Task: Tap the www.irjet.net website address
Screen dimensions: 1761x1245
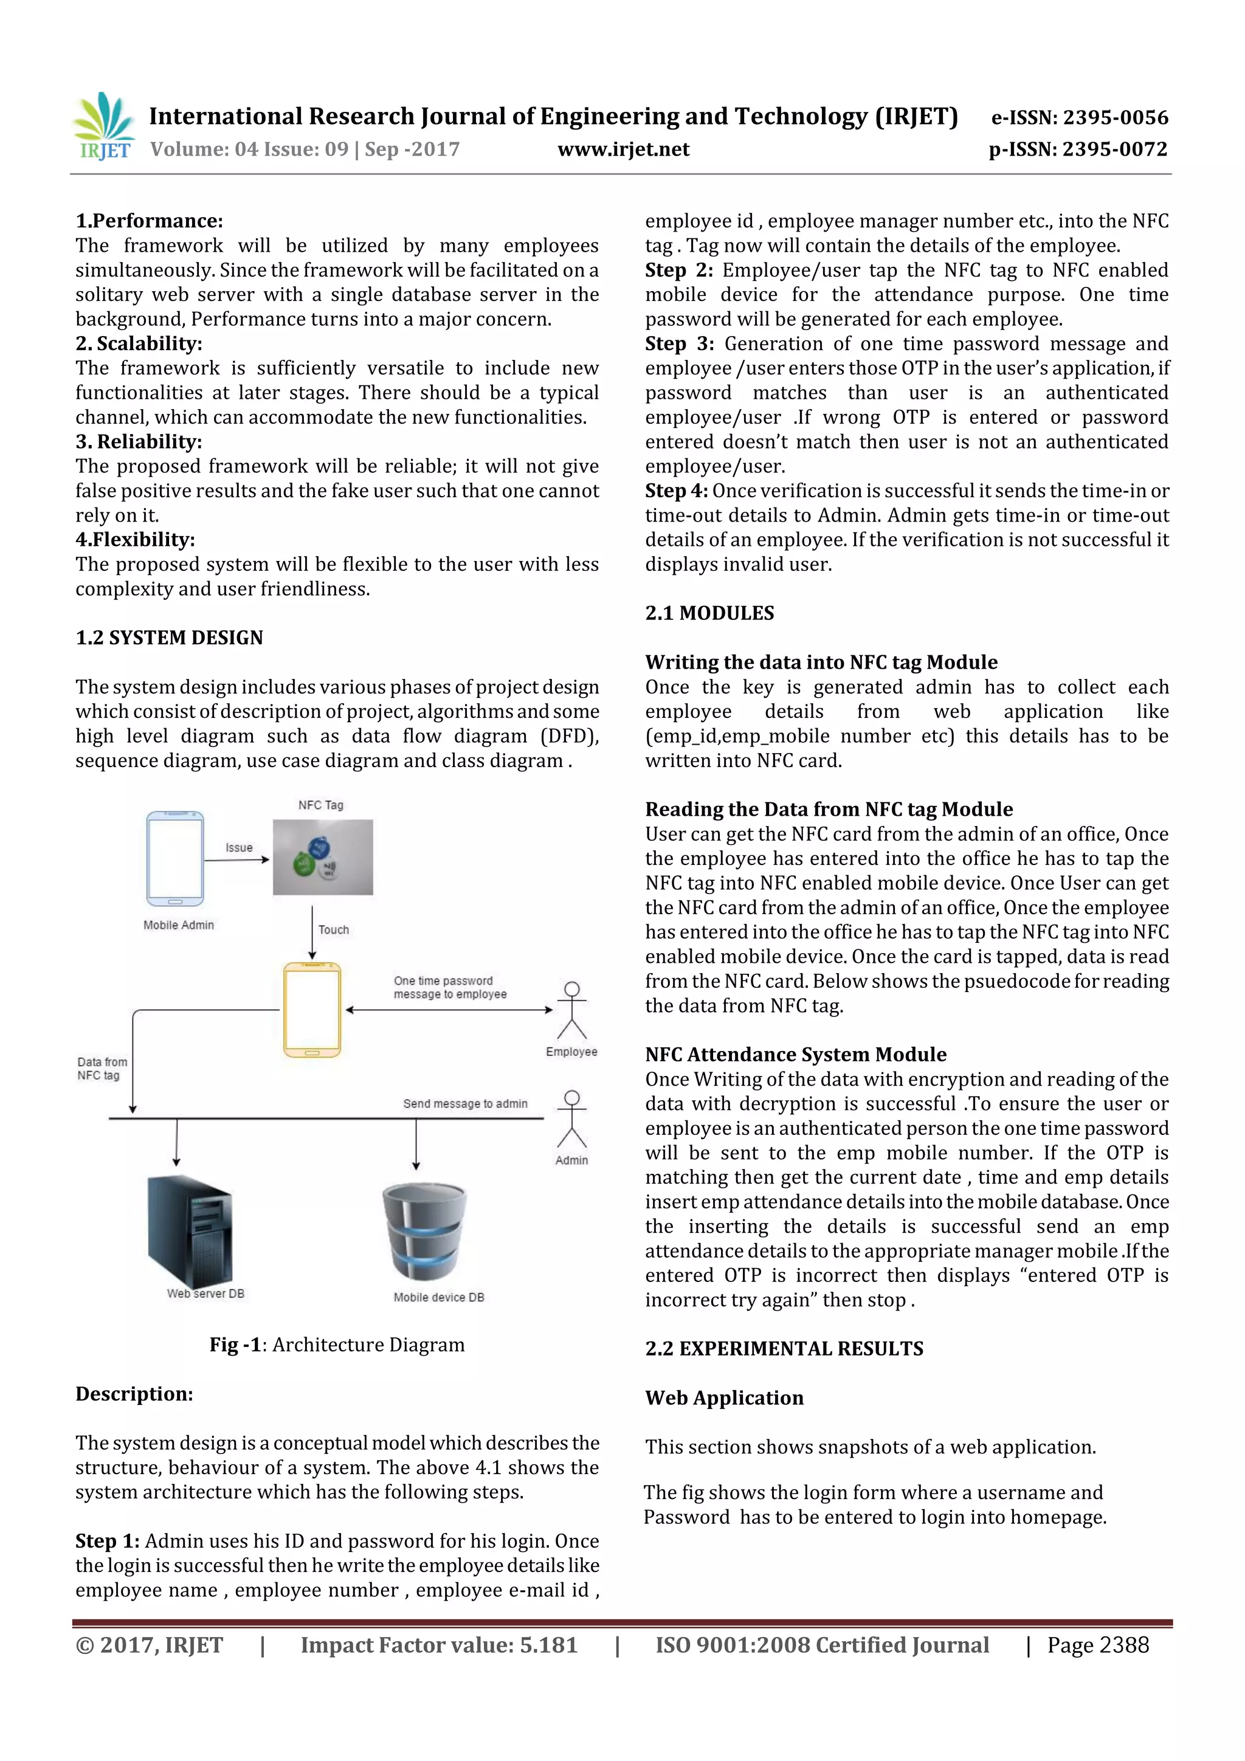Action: (x=623, y=149)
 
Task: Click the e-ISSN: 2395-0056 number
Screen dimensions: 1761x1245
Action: (x=1079, y=117)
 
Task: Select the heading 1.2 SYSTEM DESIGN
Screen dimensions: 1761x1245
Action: (x=169, y=638)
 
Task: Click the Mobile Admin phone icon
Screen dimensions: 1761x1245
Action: (x=175, y=858)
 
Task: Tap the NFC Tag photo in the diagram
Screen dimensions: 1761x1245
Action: (x=323, y=856)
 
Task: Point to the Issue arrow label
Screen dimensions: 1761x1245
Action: (x=238, y=847)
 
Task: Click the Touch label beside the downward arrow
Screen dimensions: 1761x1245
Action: (x=334, y=929)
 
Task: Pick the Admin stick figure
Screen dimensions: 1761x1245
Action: (x=571, y=1119)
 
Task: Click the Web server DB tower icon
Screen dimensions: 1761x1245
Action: (x=190, y=1231)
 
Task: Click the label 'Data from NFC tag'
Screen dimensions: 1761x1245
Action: (x=102, y=1069)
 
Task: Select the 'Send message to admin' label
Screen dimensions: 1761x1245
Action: (x=465, y=1104)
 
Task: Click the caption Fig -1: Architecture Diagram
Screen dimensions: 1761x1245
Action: (x=337, y=1345)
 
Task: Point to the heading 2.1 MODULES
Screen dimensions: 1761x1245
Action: (x=709, y=613)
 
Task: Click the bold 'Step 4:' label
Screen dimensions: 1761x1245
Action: (x=676, y=491)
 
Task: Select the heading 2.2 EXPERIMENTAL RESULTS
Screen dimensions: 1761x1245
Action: (x=784, y=1348)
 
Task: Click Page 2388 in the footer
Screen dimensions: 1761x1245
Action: (x=1098, y=1645)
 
